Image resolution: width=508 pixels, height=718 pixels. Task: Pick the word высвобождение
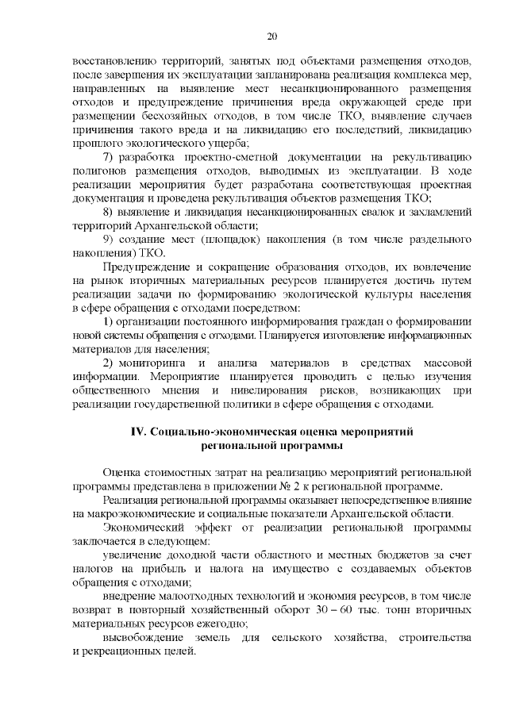click(150, 638)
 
